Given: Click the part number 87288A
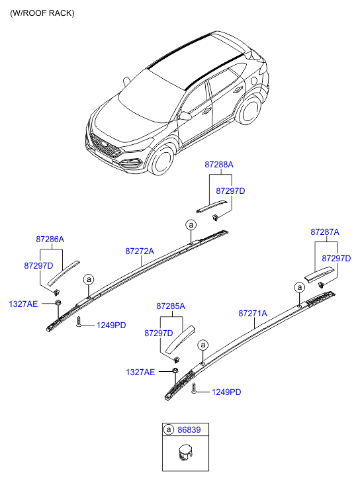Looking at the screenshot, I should pyautogui.click(x=218, y=163).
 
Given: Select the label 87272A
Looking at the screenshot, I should pyautogui.click(x=140, y=251).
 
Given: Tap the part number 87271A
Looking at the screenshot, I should pyautogui.click(x=253, y=313).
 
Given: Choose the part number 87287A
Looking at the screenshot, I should pyautogui.click(x=324, y=232).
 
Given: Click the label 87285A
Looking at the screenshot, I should pyautogui.click(x=171, y=306).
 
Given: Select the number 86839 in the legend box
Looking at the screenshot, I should pyautogui.click(x=189, y=429).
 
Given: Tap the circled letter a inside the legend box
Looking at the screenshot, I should pyautogui.click(x=169, y=429).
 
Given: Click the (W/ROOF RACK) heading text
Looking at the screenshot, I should pyautogui.click(x=42, y=13).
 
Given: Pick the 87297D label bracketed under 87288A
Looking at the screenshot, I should pyautogui.click(x=230, y=191).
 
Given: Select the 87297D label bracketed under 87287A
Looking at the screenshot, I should pyautogui.click(x=336, y=258).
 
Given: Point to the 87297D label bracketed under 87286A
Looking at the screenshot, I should pyautogui.click(x=38, y=265).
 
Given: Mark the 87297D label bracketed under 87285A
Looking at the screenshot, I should pyautogui.click(x=159, y=333).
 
